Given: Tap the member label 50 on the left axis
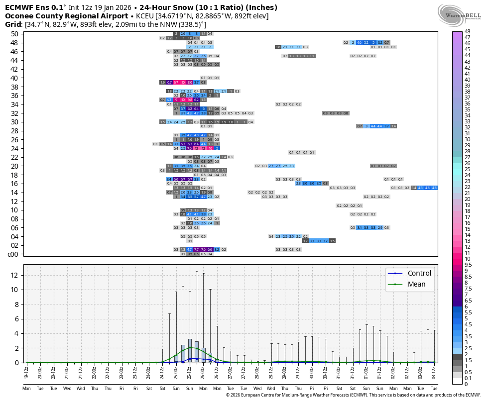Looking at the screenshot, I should pyautogui.click(x=14, y=33).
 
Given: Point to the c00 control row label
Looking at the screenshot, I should pyautogui.click(x=13, y=254).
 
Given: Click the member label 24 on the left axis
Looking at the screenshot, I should pyautogui.click(x=14, y=148).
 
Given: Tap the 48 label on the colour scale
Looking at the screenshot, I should pyautogui.click(x=468, y=31).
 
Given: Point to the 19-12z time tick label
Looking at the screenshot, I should pyautogui.click(x=26, y=372).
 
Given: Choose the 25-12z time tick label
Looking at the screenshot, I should pyautogui.click(x=190, y=372).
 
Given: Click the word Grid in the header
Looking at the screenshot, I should pyautogui.click(x=13, y=24).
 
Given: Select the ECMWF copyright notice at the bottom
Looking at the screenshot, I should pyautogui.click(x=353, y=395).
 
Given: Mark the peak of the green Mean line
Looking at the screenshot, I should pyautogui.click(x=190, y=347).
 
